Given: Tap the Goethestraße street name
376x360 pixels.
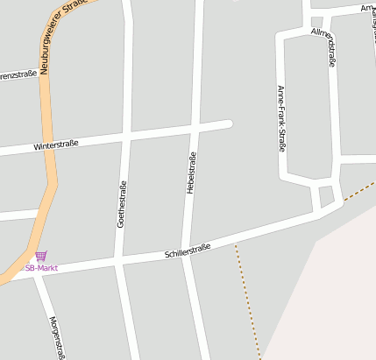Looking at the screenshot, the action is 122,204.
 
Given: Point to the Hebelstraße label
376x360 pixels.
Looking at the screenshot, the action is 191,173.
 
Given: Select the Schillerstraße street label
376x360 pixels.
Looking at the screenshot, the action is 188,253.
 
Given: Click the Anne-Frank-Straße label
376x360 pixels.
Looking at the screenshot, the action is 280,118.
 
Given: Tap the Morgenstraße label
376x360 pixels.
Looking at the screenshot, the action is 58,337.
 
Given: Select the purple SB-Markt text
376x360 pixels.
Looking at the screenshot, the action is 41,268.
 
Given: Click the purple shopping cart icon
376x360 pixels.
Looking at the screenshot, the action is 41,256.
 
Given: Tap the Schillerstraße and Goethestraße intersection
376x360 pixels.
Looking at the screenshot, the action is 119,260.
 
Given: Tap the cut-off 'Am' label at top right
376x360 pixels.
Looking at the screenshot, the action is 367,8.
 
